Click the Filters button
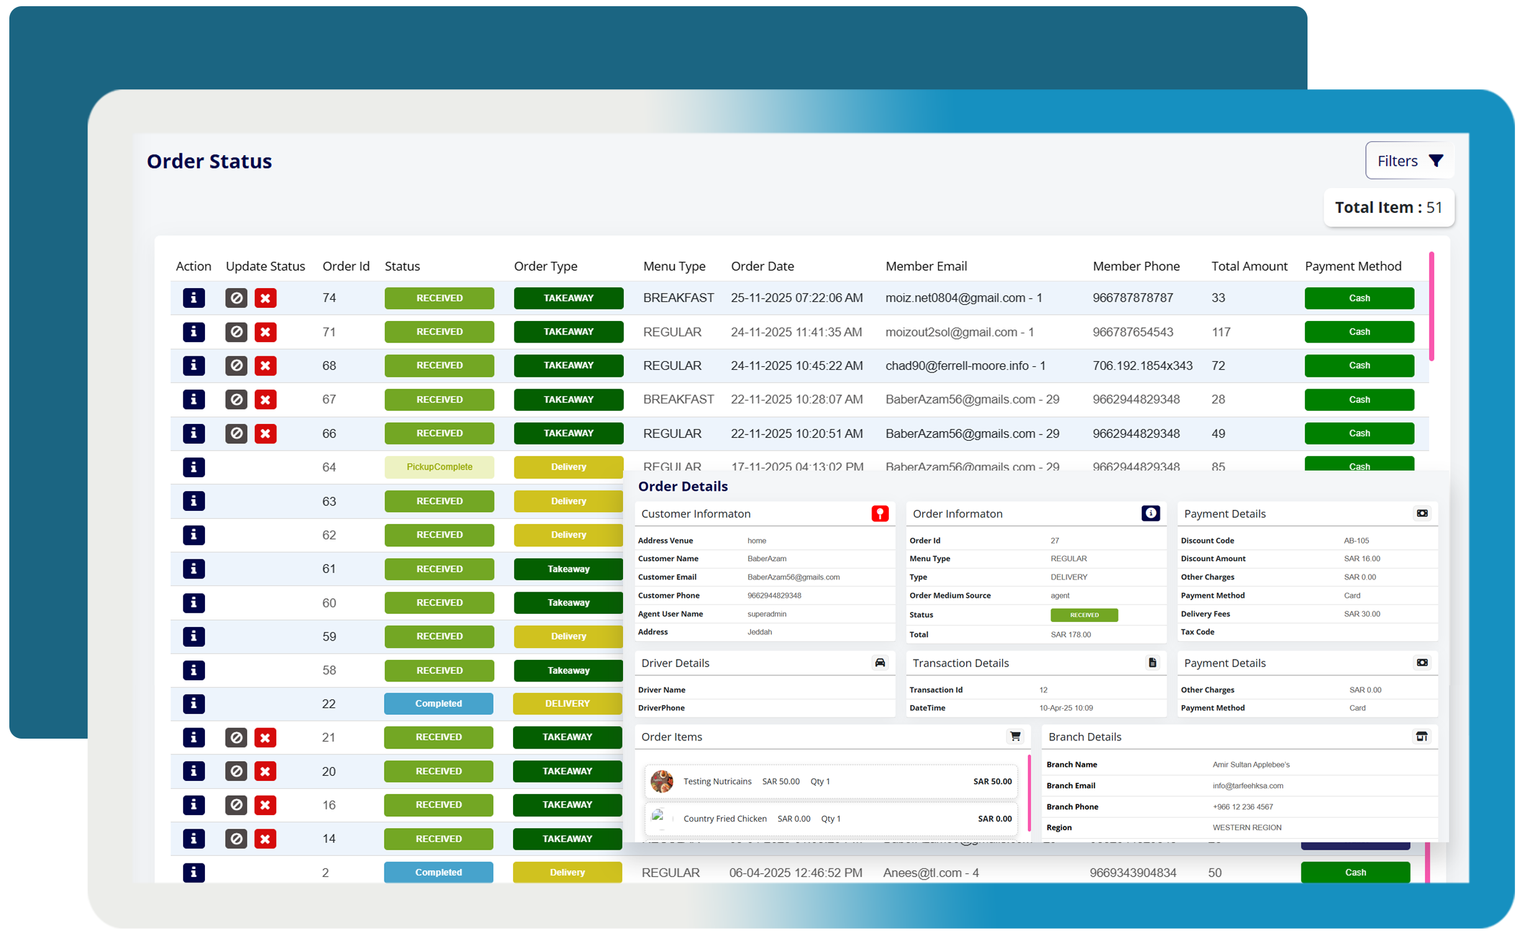pos(1409,161)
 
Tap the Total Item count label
pos(1388,208)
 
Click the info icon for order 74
pos(194,299)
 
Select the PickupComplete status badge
pos(439,467)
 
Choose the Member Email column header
pos(926,266)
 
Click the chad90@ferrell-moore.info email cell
pos(965,366)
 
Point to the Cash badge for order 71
pos(1358,332)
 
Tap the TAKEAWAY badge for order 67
pos(568,400)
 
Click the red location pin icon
pos(879,514)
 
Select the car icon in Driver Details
pos(879,664)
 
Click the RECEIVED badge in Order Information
pos(1083,616)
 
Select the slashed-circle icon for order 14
pos(236,840)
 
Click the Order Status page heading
pos(209,162)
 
